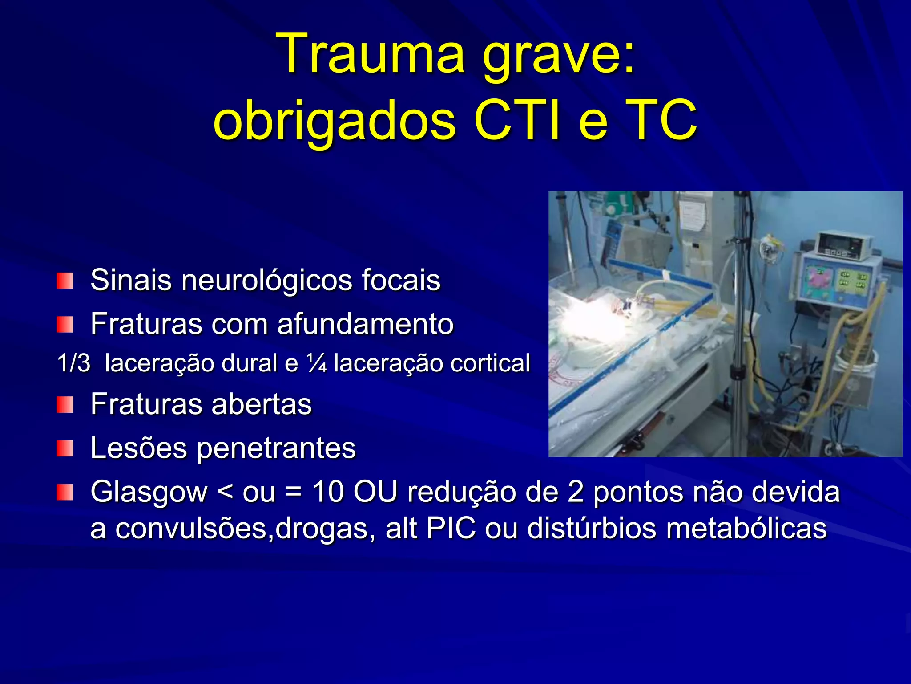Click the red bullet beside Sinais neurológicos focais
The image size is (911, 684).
click(65, 281)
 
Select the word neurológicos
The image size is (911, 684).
click(265, 281)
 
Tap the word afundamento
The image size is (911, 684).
click(365, 324)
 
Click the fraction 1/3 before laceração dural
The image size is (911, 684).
click(73, 363)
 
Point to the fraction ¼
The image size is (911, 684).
click(317, 363)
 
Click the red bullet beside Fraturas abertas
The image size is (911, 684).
click(65, 405)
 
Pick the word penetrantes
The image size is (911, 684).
click(276, 448)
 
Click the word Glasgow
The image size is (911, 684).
click(149, 493)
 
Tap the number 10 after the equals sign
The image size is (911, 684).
click(328, 492)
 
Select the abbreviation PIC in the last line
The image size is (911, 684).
click(451, 529)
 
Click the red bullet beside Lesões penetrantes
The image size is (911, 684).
click(65, 448)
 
